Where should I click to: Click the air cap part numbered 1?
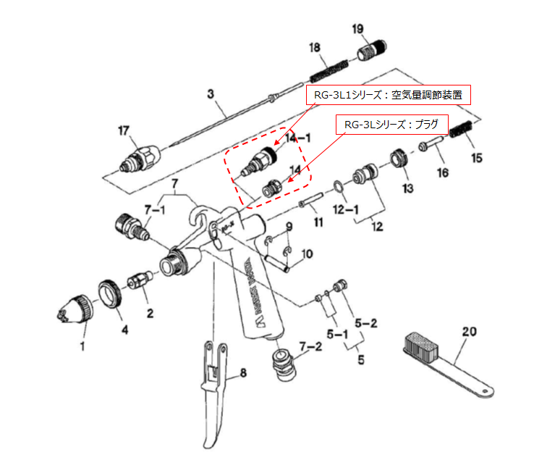click(75, 309)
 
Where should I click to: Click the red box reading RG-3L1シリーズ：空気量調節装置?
click(387, 94)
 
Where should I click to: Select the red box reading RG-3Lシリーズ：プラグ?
click(391, 125)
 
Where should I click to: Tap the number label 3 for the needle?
click(211, 94)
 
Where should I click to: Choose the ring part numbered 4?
click(111, 293)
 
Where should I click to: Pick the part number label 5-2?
click(367, 322)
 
